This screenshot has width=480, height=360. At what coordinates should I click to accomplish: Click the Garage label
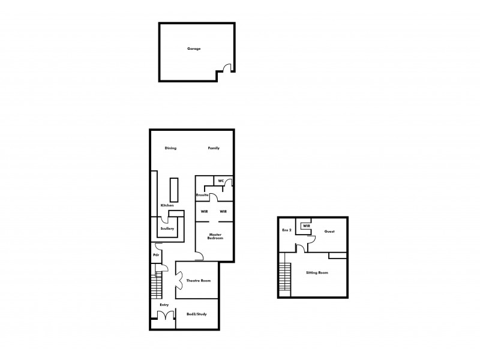(193, 49)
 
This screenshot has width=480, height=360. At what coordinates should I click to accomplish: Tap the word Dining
(171, 148)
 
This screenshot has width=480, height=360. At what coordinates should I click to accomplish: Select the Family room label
(214, 148)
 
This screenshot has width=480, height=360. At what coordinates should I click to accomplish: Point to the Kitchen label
(167, 206)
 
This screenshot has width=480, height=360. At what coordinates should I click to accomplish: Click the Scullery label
(167, 229)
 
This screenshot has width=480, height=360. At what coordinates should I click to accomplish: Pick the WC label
(221, 181)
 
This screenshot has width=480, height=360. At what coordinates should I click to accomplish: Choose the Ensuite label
(202, 195)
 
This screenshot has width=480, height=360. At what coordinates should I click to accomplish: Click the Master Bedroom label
(215, 236)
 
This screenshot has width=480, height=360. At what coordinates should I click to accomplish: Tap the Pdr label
(156, 255)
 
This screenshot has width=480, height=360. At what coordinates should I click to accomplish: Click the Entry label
(164, 305)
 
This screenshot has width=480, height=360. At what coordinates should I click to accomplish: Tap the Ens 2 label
(286, 230)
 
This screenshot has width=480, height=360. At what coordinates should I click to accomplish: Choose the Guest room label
(329, 231)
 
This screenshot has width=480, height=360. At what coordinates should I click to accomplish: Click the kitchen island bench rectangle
(175, 190)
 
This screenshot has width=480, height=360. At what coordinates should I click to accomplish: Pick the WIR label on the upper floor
(306, 226)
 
